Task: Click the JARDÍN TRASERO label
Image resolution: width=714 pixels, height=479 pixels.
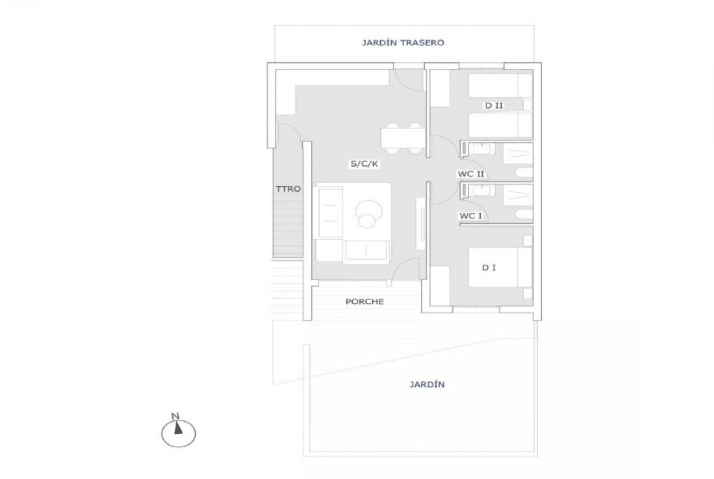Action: pos(403,43)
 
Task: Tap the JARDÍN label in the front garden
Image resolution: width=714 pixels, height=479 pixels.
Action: pos(427,384)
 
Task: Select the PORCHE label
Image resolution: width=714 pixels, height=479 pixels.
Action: pos(364,301)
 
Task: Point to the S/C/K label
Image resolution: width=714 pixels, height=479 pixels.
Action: pos(364,164)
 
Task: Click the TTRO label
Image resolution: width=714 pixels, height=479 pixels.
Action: pos(288,189)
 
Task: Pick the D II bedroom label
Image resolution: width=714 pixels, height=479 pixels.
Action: pos(494,106)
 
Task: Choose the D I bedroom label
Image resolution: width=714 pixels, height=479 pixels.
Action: pos(489,268)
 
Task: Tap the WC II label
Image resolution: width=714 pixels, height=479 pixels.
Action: pos(471,174)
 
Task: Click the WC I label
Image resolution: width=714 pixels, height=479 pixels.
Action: pos(471,216)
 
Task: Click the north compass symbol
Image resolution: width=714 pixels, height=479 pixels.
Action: pos(178,431)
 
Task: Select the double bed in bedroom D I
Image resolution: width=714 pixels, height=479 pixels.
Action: pos(500,267)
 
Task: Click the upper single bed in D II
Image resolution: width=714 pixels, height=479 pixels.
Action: pos(500,85)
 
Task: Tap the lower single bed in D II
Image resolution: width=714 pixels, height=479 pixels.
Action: pos(500,125)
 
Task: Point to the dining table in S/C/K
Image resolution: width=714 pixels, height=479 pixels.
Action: pos(403,139)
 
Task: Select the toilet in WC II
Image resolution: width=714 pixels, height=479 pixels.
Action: pos(524,173)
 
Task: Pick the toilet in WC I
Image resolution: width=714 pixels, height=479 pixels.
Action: pos(524,215)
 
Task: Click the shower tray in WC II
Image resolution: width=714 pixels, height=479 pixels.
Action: pos(517,153)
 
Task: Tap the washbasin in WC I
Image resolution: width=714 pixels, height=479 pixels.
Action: pos(481,190)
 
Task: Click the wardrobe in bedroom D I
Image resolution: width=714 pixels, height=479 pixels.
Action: pos(440,286)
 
